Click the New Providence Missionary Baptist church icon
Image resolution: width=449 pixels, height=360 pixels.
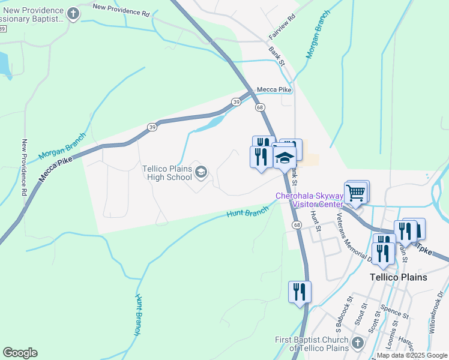(73, 14)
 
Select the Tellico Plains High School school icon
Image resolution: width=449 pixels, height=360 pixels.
(201, 173)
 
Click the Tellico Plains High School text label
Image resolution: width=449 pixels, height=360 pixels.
(167, 173)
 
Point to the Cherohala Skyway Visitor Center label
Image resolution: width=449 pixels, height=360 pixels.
(309, 200)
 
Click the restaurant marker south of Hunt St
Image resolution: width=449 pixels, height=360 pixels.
(299, 292)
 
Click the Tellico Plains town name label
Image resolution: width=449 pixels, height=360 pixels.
(399, 277)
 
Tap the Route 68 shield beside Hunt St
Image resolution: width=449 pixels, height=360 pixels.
(297, 224)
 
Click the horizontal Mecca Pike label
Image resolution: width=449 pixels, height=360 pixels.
(274, 89)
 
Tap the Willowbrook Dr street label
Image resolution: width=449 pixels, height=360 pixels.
(438, 315)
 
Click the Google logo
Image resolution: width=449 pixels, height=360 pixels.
(20, 353)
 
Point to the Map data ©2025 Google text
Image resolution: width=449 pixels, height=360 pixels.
(412, 355)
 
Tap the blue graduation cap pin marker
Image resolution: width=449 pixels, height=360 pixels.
(285, 159)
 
